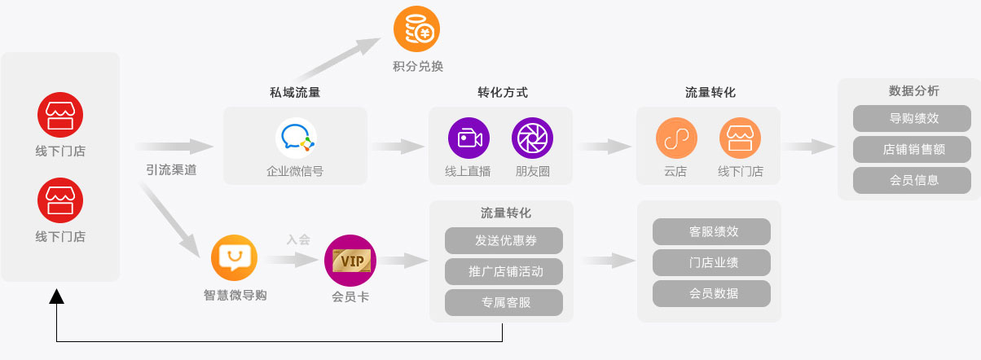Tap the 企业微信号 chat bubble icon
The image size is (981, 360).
(x=295, y=138)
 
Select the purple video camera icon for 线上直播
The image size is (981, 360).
(x=469, y=138)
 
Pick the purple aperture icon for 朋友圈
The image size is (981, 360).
(x=532, y=138)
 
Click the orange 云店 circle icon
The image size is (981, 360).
(x=676, y=138)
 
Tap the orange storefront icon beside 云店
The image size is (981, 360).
(x=740, y=138)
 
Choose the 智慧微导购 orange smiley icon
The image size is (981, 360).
(x=235, y=258)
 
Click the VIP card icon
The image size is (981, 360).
(x=350, y=261)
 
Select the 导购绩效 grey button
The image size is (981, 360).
(x=912, y=118)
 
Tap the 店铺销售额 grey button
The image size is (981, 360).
(x=912, y=149)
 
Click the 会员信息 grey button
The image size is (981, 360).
(x=912, y=180)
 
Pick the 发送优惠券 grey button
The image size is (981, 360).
(x=504, y=240)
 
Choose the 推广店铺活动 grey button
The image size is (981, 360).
(x=504, y=271)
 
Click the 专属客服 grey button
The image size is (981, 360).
(x=504, y=302)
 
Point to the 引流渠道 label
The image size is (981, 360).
(x=172, y=171)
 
